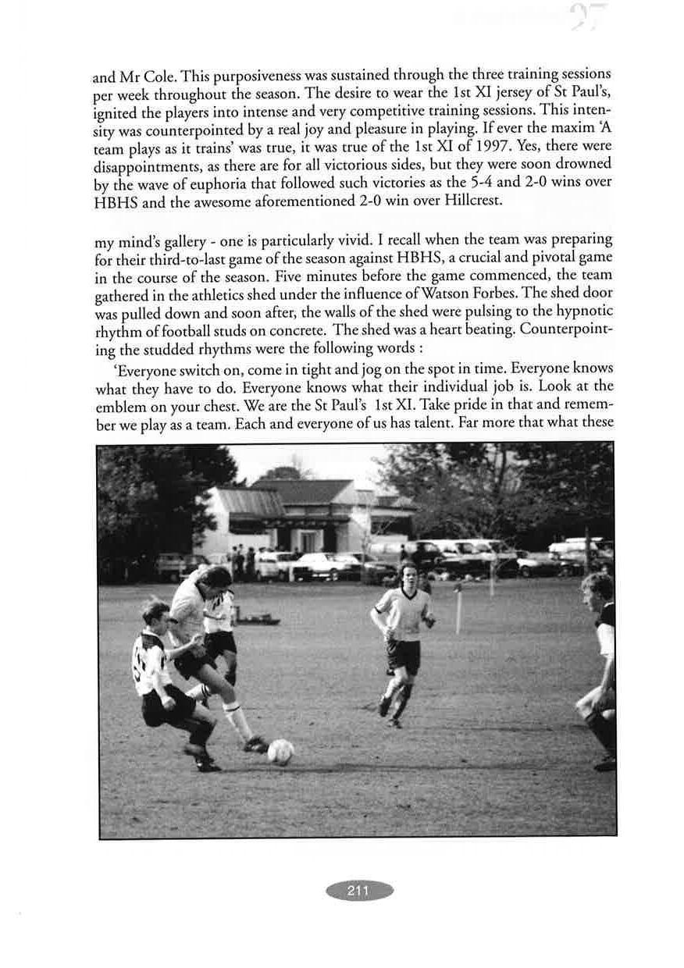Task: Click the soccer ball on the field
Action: [x=280, y=751]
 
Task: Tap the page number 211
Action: [x=358, y=891]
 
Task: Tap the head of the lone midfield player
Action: [x=404, y=574]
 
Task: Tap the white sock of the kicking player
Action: [x=236, y=718]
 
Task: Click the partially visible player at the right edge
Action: [x=600, y=664]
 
